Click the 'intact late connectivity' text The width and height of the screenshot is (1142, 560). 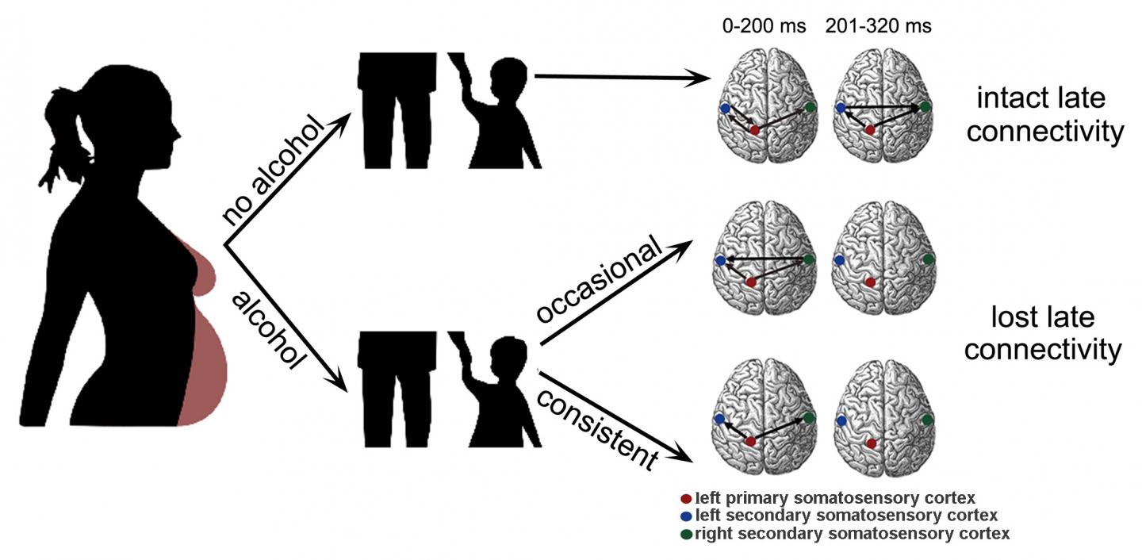point(1044,116)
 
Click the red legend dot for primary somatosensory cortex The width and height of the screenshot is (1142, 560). point(686,499)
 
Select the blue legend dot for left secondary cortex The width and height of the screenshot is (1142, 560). point(686,516)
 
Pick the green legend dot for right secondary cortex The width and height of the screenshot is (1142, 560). point(686,534)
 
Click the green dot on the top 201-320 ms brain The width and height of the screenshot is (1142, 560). point(926,107)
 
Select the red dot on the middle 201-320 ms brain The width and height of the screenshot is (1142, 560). point(870,282)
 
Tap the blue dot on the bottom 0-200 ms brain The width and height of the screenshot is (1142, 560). point(719,418)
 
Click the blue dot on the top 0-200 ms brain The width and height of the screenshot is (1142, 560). point(724,108)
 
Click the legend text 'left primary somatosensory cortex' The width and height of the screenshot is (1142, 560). point(834,499)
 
